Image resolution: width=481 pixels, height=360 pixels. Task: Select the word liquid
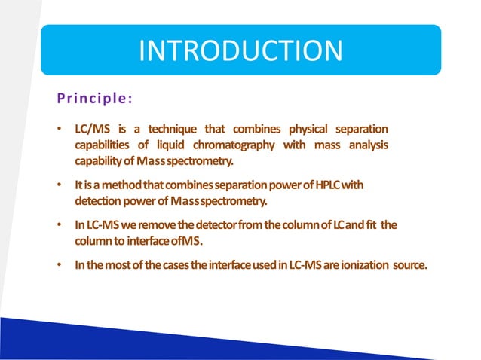(177, 145)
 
